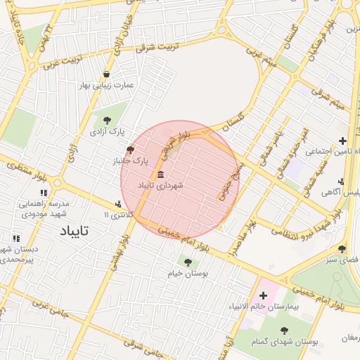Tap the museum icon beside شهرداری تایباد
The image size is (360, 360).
point(161,174)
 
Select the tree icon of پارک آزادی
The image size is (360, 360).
point(107,120)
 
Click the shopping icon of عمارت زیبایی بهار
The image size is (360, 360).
point(106,74)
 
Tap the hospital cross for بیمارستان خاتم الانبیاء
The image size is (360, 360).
point(264,295)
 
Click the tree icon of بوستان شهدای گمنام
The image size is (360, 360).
point(284,330)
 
